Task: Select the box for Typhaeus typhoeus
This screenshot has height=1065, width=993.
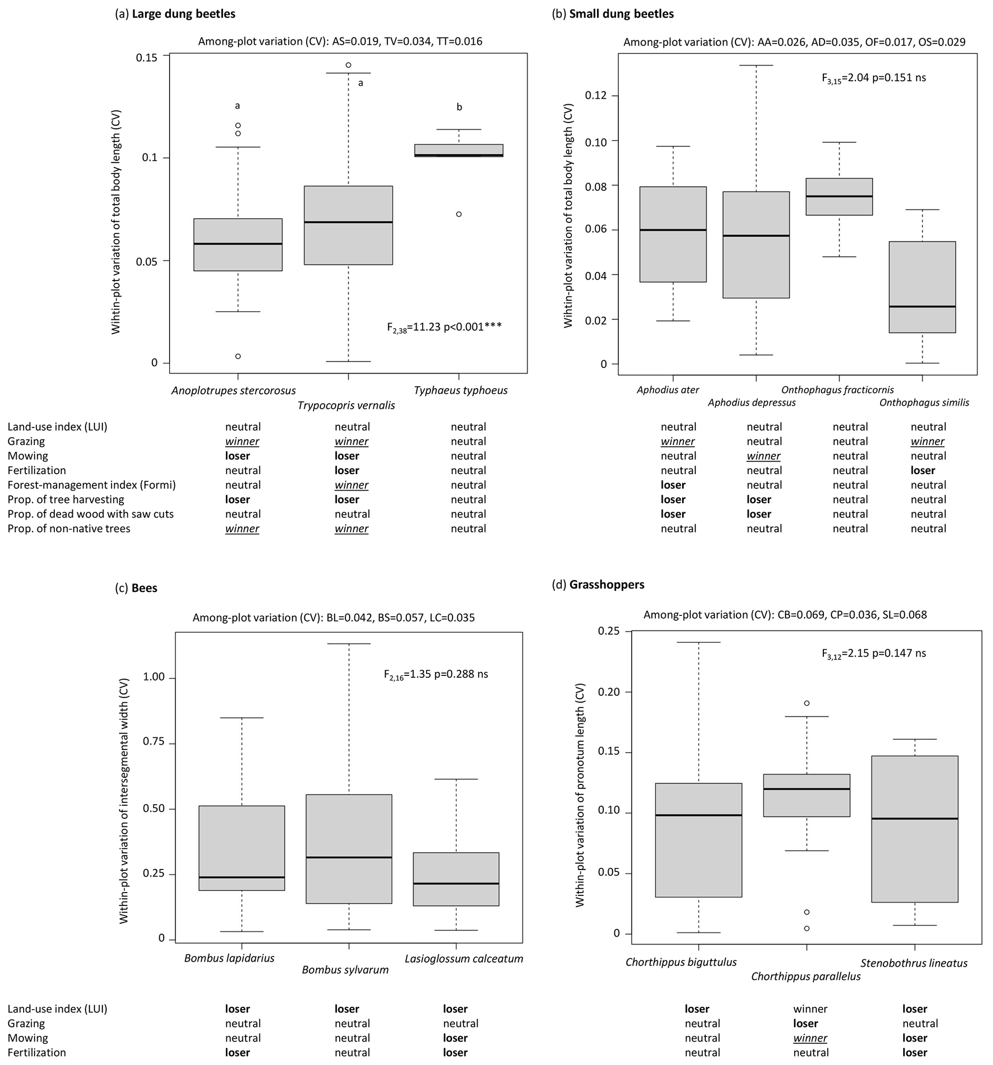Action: [x=459, y=150]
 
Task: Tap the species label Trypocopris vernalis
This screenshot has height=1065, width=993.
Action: [x=346, y=405]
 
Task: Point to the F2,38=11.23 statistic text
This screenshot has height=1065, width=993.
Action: [x=444, y=327]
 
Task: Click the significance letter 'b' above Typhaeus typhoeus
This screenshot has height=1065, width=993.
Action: [x=459, y=107]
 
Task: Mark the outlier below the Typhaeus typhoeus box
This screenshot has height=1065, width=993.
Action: [x=459, y=214]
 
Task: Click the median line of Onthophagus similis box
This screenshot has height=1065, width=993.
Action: [x=922, y=306]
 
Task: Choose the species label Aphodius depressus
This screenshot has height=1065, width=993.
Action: [x=751, y=403]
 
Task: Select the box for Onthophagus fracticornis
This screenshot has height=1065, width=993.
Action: [x=839, y=196]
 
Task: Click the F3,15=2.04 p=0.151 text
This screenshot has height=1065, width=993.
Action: [x=873, y=78]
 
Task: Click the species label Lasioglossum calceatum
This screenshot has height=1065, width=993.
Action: [x=464, y=959]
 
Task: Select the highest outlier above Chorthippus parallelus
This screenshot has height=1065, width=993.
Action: [x=807, y=703]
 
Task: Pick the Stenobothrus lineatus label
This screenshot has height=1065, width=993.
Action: [x=914, y=963]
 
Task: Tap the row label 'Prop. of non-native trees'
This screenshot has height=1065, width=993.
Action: [x=69, y=529]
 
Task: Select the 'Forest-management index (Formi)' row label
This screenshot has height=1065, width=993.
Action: [x=92, y=485]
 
